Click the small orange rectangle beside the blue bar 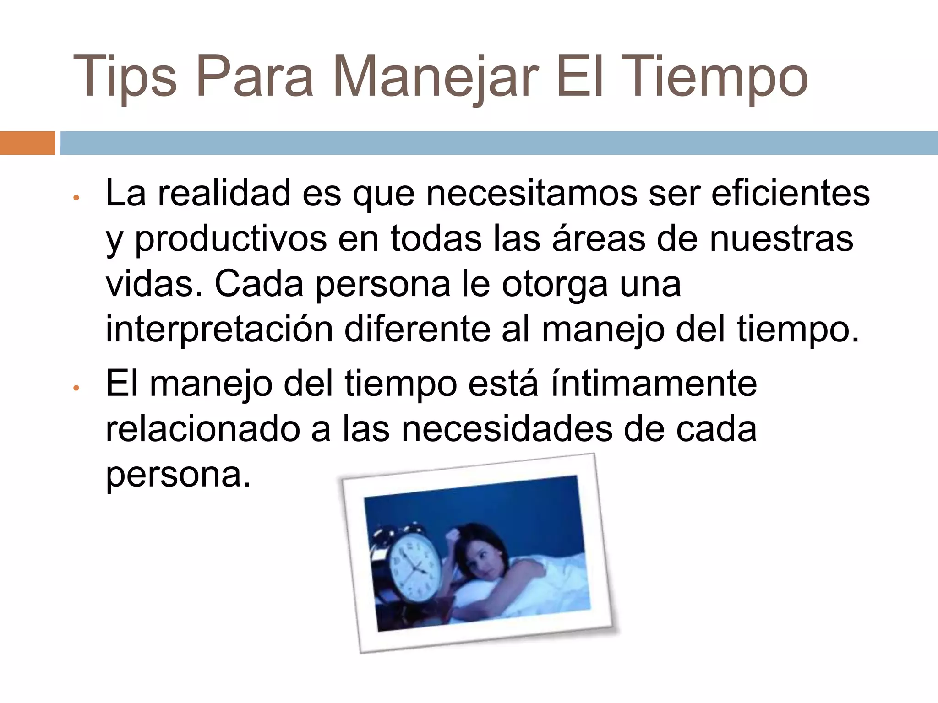[27, 143]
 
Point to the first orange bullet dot [76, 198]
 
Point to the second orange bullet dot [76, 388]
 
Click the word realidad [224, 193]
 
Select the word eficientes [791, 193]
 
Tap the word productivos [231, 239]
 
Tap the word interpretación [219, 329]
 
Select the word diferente [417, 329]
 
